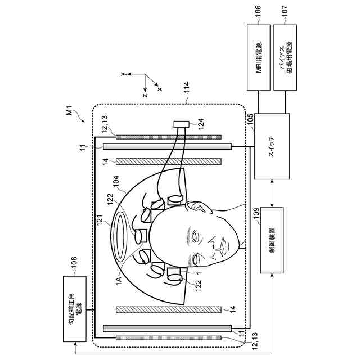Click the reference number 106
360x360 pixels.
click(258, 16)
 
